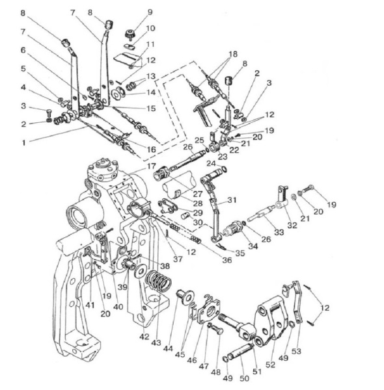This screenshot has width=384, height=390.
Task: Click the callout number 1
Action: click(23, 143)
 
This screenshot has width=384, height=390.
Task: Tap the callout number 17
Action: click(152, 166)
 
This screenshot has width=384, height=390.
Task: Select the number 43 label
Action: click(156, 343)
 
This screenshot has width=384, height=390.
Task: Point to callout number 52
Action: click(271, 365)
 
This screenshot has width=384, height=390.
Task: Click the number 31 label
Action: click(232, 200)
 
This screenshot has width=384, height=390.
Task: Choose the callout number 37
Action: click(178, 259)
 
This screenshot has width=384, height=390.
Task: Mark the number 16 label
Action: click(151, 149)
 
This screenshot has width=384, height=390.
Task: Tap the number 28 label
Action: click(198, 203)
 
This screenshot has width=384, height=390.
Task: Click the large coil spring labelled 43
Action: click(159, 282)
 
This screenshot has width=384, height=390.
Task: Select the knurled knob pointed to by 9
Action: click(130, 34)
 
